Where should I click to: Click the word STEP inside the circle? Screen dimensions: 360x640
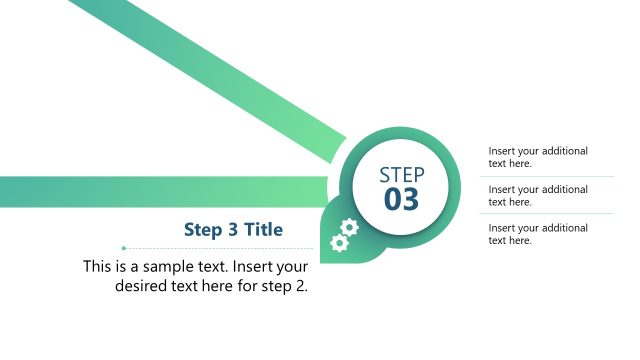point(402,174)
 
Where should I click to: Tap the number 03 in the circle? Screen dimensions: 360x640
point(402,199)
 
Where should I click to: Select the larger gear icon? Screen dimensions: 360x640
point(349,227)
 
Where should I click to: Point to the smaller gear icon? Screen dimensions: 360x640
point(339,243)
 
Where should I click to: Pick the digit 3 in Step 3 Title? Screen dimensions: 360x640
point(231,230)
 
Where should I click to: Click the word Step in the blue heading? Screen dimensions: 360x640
point(203,230)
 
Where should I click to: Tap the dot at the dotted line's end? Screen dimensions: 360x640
point(123,248)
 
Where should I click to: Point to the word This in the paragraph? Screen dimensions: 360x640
point(97,267)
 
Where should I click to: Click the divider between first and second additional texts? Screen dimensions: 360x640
point(547,176)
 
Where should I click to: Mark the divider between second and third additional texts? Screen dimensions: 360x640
point(547,214)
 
